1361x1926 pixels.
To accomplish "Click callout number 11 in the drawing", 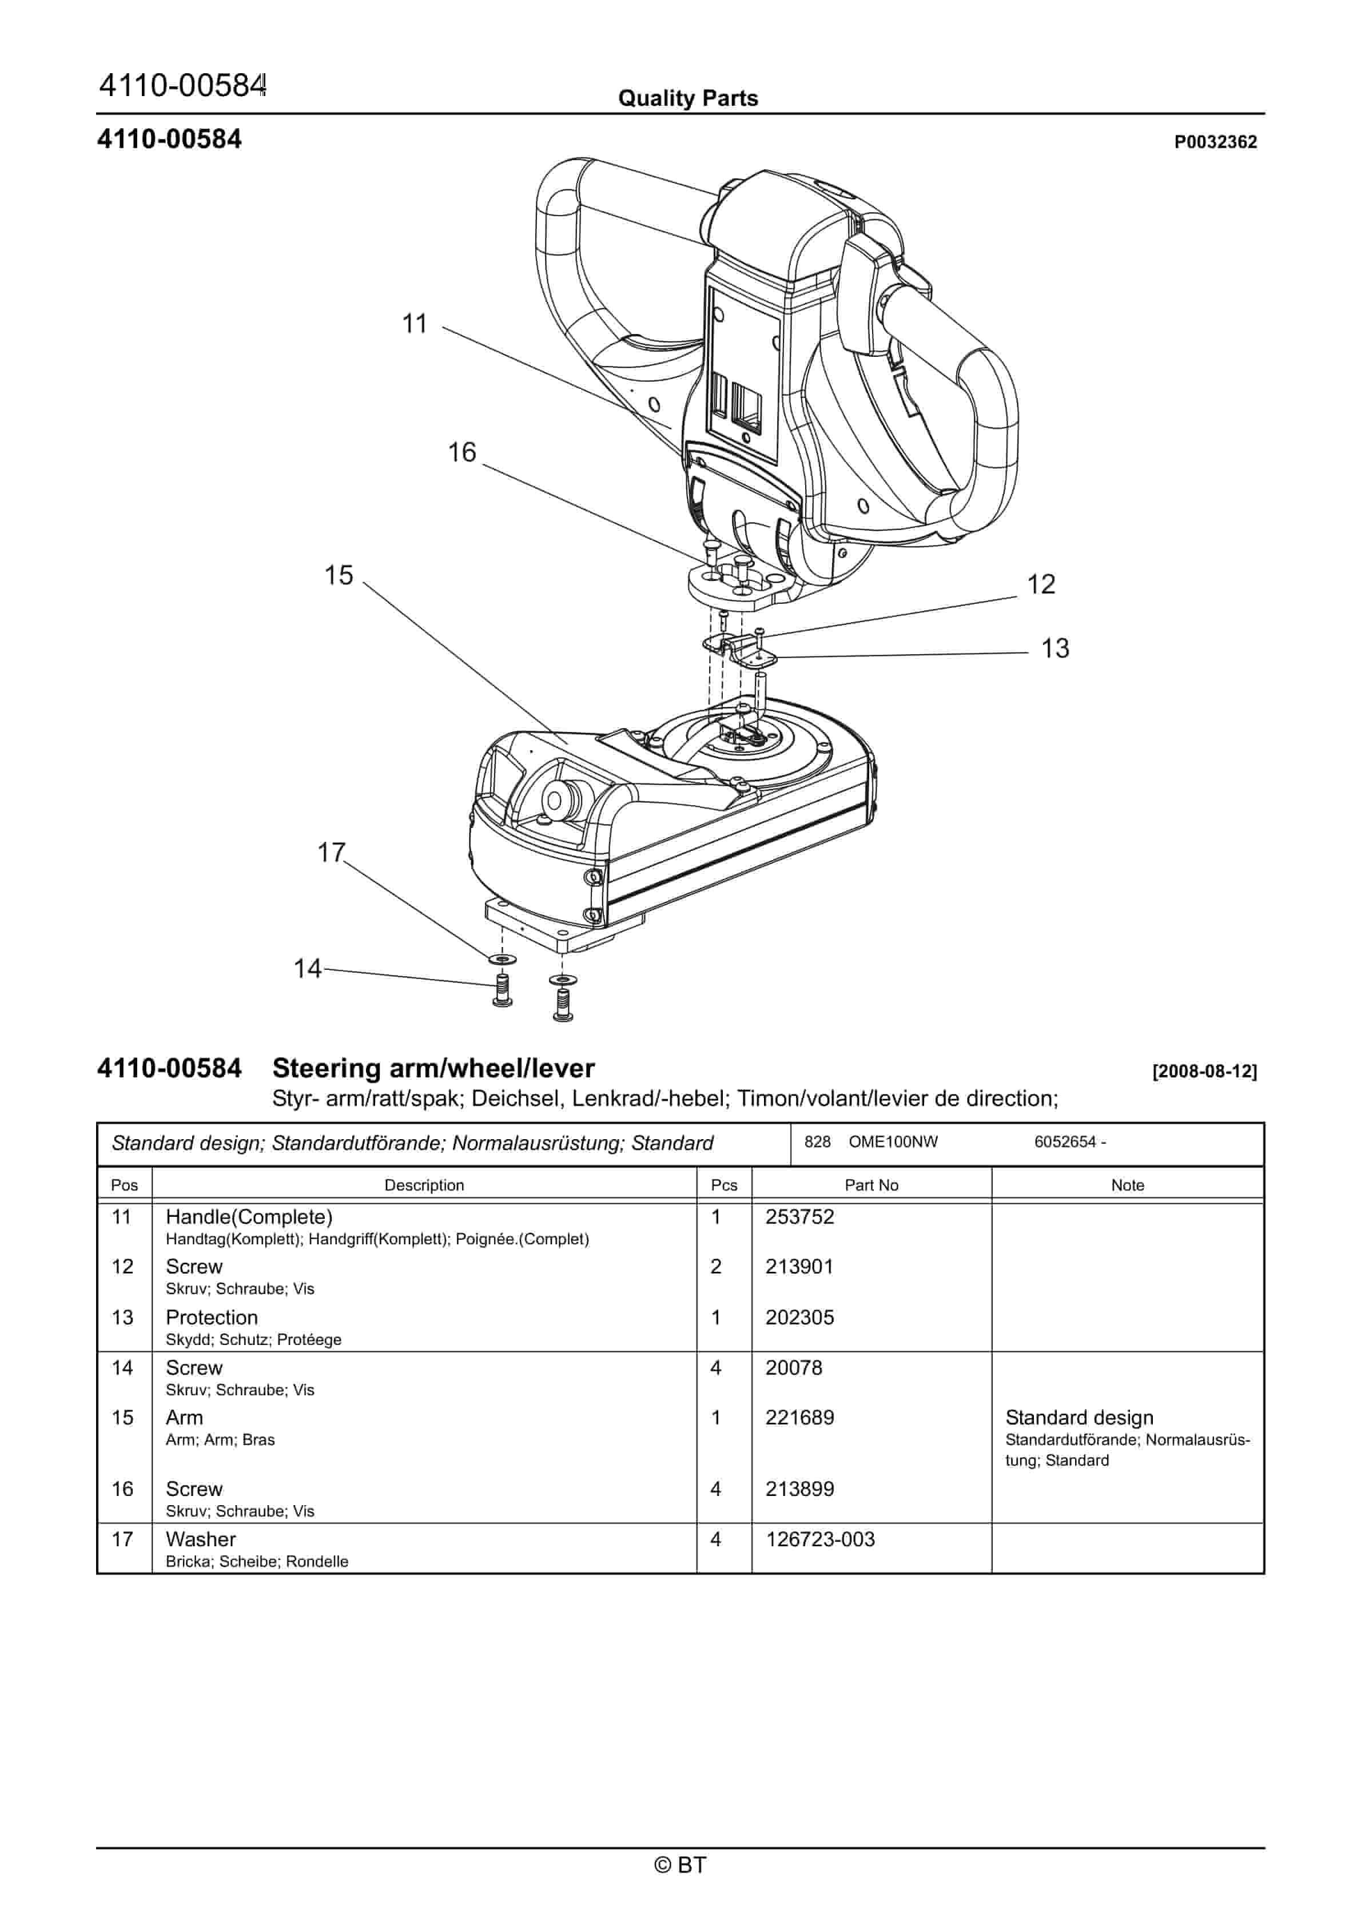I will (415, 324).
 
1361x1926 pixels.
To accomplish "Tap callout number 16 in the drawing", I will (461, 453).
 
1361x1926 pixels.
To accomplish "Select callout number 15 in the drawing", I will (339, 575).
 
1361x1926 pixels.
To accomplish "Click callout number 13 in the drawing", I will (1054, 648).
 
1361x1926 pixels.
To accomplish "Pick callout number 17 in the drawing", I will (331, 852).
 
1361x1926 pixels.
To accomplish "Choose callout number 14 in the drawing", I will (307, 969).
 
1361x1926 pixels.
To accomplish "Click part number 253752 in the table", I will (799, 1216).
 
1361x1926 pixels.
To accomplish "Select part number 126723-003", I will (820, 1539).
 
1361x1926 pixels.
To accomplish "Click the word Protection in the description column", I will (212, 1317).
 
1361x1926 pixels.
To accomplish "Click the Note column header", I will (1127, 1185).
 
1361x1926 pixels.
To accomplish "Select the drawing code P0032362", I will (1215, 142).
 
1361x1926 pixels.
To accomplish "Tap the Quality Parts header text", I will (688, 98).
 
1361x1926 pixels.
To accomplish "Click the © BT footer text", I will (680, 1865).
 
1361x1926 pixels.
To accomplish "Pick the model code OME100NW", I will (893, 1141).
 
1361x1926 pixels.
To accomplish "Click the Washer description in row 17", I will (201, 1539).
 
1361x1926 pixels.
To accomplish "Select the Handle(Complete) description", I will (249, 1216).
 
